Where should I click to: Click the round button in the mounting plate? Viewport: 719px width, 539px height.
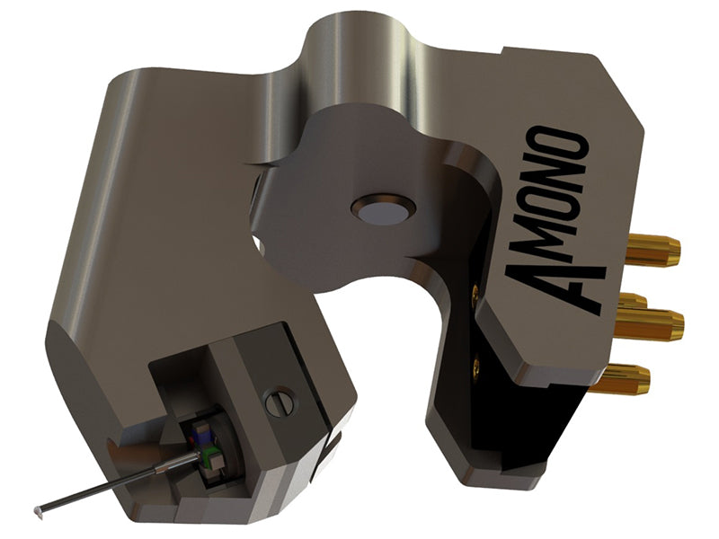click(383, 213)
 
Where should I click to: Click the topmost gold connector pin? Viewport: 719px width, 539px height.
click(652, 250)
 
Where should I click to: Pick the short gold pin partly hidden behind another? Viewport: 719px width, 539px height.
click(633, 301)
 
